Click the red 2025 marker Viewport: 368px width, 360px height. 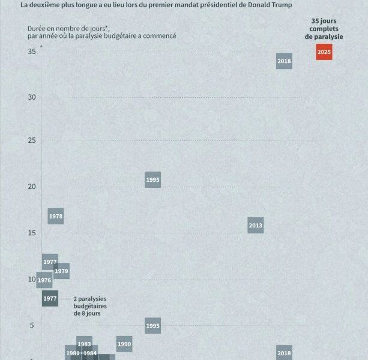[324, 52]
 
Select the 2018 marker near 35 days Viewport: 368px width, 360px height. [284, 61]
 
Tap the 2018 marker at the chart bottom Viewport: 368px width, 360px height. [284, 353]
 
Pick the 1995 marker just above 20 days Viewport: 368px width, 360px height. [152, 179]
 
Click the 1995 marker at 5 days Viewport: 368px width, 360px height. [152, 326]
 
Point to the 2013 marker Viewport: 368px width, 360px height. [255, 226]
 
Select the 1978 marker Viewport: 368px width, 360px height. [56, 216]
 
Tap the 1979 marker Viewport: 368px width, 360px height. [61, 271]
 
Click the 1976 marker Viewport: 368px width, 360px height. [44, 280]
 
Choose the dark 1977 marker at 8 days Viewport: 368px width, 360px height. [50, 298]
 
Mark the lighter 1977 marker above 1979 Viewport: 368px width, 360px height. [50, 262]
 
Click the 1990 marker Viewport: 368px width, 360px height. [124, 344]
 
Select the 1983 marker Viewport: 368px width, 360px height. [85, 344]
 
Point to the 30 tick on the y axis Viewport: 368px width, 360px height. [32, 97]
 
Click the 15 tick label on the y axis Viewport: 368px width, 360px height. [32, 233]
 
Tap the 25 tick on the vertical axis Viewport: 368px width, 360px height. [32, 140]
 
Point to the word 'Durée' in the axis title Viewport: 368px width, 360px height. [37, 28]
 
